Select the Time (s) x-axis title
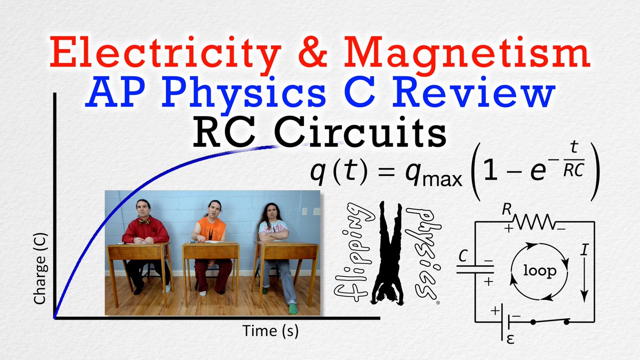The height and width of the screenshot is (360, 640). pos(270,331)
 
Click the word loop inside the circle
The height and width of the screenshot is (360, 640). pos(540,271)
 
